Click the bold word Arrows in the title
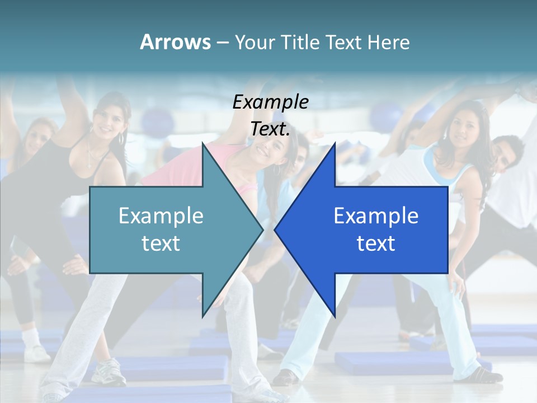click(175, 42)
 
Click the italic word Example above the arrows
click(270, 102)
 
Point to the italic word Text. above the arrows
click(270, 129)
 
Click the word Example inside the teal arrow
click(161, 216)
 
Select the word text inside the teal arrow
click(161, 243)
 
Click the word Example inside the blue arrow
click(376, 216)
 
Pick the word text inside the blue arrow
click(376, 243)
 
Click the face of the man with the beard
click(506, 155)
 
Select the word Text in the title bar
click(345, 42)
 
